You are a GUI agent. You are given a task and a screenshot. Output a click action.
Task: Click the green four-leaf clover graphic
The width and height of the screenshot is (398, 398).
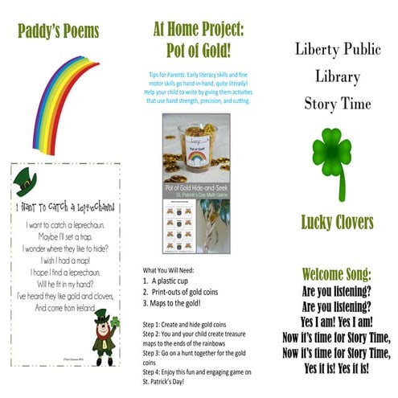pyautogui.click(x=332, y=157)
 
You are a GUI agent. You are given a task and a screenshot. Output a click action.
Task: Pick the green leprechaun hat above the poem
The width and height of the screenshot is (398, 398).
pyautogui.click(x=26, y=184)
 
